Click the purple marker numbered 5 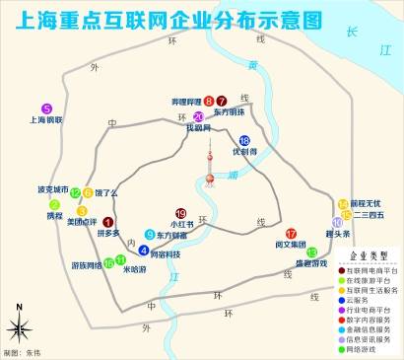46,108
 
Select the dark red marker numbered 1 107,222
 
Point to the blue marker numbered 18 243,140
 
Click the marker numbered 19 180,213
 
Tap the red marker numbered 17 291,233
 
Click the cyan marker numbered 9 150,235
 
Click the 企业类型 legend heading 368,254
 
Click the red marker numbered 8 209,101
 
